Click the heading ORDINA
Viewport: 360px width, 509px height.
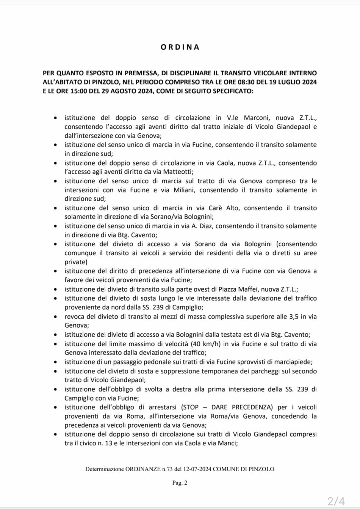click(180, 47)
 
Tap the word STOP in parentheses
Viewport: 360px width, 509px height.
click(191, 407)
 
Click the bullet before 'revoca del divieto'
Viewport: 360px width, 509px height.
click(56, 316)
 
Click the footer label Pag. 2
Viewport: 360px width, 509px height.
click(180, 482)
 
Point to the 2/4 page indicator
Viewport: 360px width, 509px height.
click(336, 501)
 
